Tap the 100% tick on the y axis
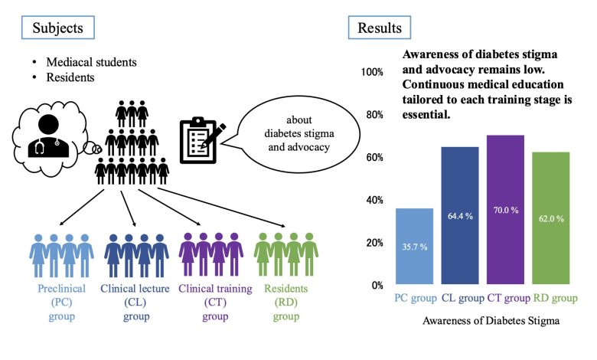[x=372, y=72]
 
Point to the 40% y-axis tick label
[x=374, y=200]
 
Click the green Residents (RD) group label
[x=286, y=303]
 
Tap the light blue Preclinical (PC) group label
[x=60, y=303]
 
